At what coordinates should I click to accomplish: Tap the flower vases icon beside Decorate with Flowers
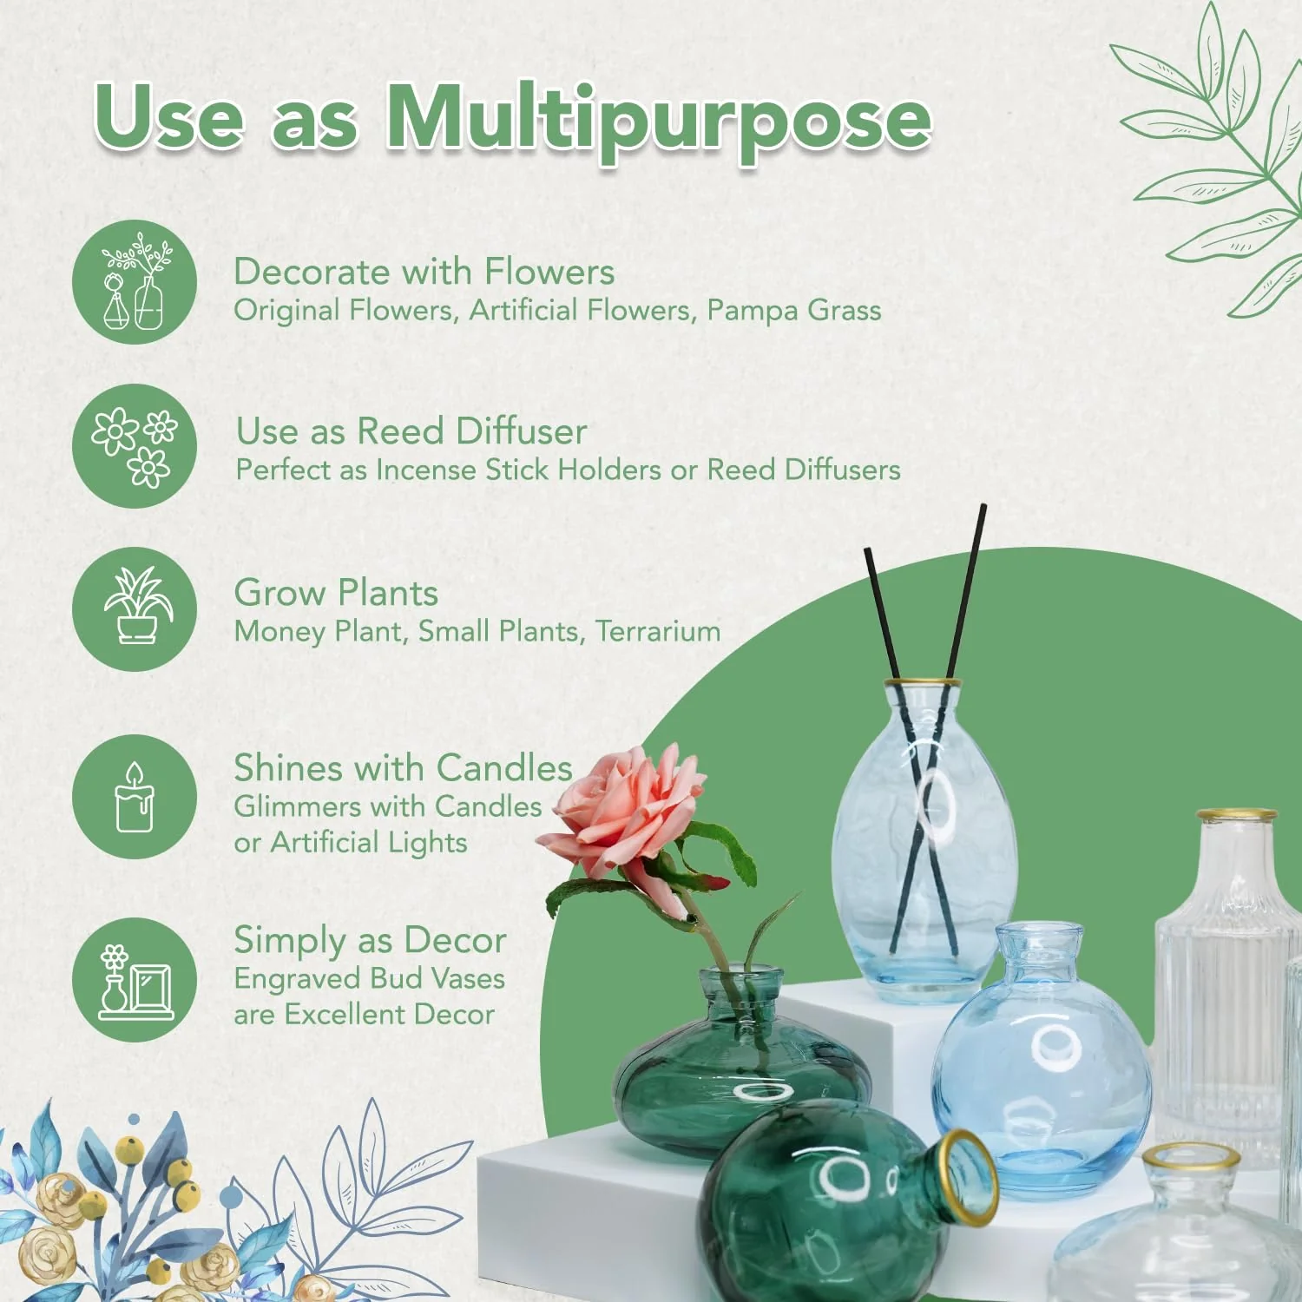tap(135, 282)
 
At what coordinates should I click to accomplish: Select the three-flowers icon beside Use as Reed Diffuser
tap(135, 446)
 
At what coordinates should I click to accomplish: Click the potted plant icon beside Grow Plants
tap(135, 608)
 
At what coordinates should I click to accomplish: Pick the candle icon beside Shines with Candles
tap(135, 797)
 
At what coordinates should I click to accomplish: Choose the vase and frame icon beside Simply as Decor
tap(135, 980)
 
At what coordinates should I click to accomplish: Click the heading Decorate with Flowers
tap(424, 272)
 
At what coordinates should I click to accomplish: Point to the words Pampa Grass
tap(793, 310)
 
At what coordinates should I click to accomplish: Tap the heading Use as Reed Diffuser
tap(411, 431)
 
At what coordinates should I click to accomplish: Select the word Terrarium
tap(658, 631)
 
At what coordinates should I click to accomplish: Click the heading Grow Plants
tap(336, 593)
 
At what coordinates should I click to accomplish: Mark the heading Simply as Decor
tap(370, 940)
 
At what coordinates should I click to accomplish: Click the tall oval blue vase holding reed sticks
tap(924, 833)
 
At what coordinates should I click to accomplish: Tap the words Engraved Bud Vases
tap(369, 978)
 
